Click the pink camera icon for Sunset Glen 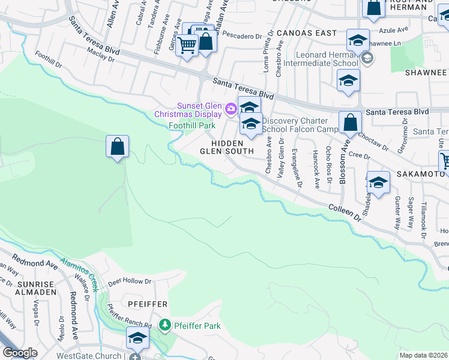tap(231, 109)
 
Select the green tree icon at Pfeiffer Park tap(164, 325)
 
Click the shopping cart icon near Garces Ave tap(187, 44)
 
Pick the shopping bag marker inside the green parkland tap(118, 146)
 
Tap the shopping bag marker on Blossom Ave tap(350, 122)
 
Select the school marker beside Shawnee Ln tap(358, 41)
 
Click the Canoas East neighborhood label tap(307, 33)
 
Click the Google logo tap(20, 353)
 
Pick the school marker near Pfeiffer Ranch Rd tap(137, 338)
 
